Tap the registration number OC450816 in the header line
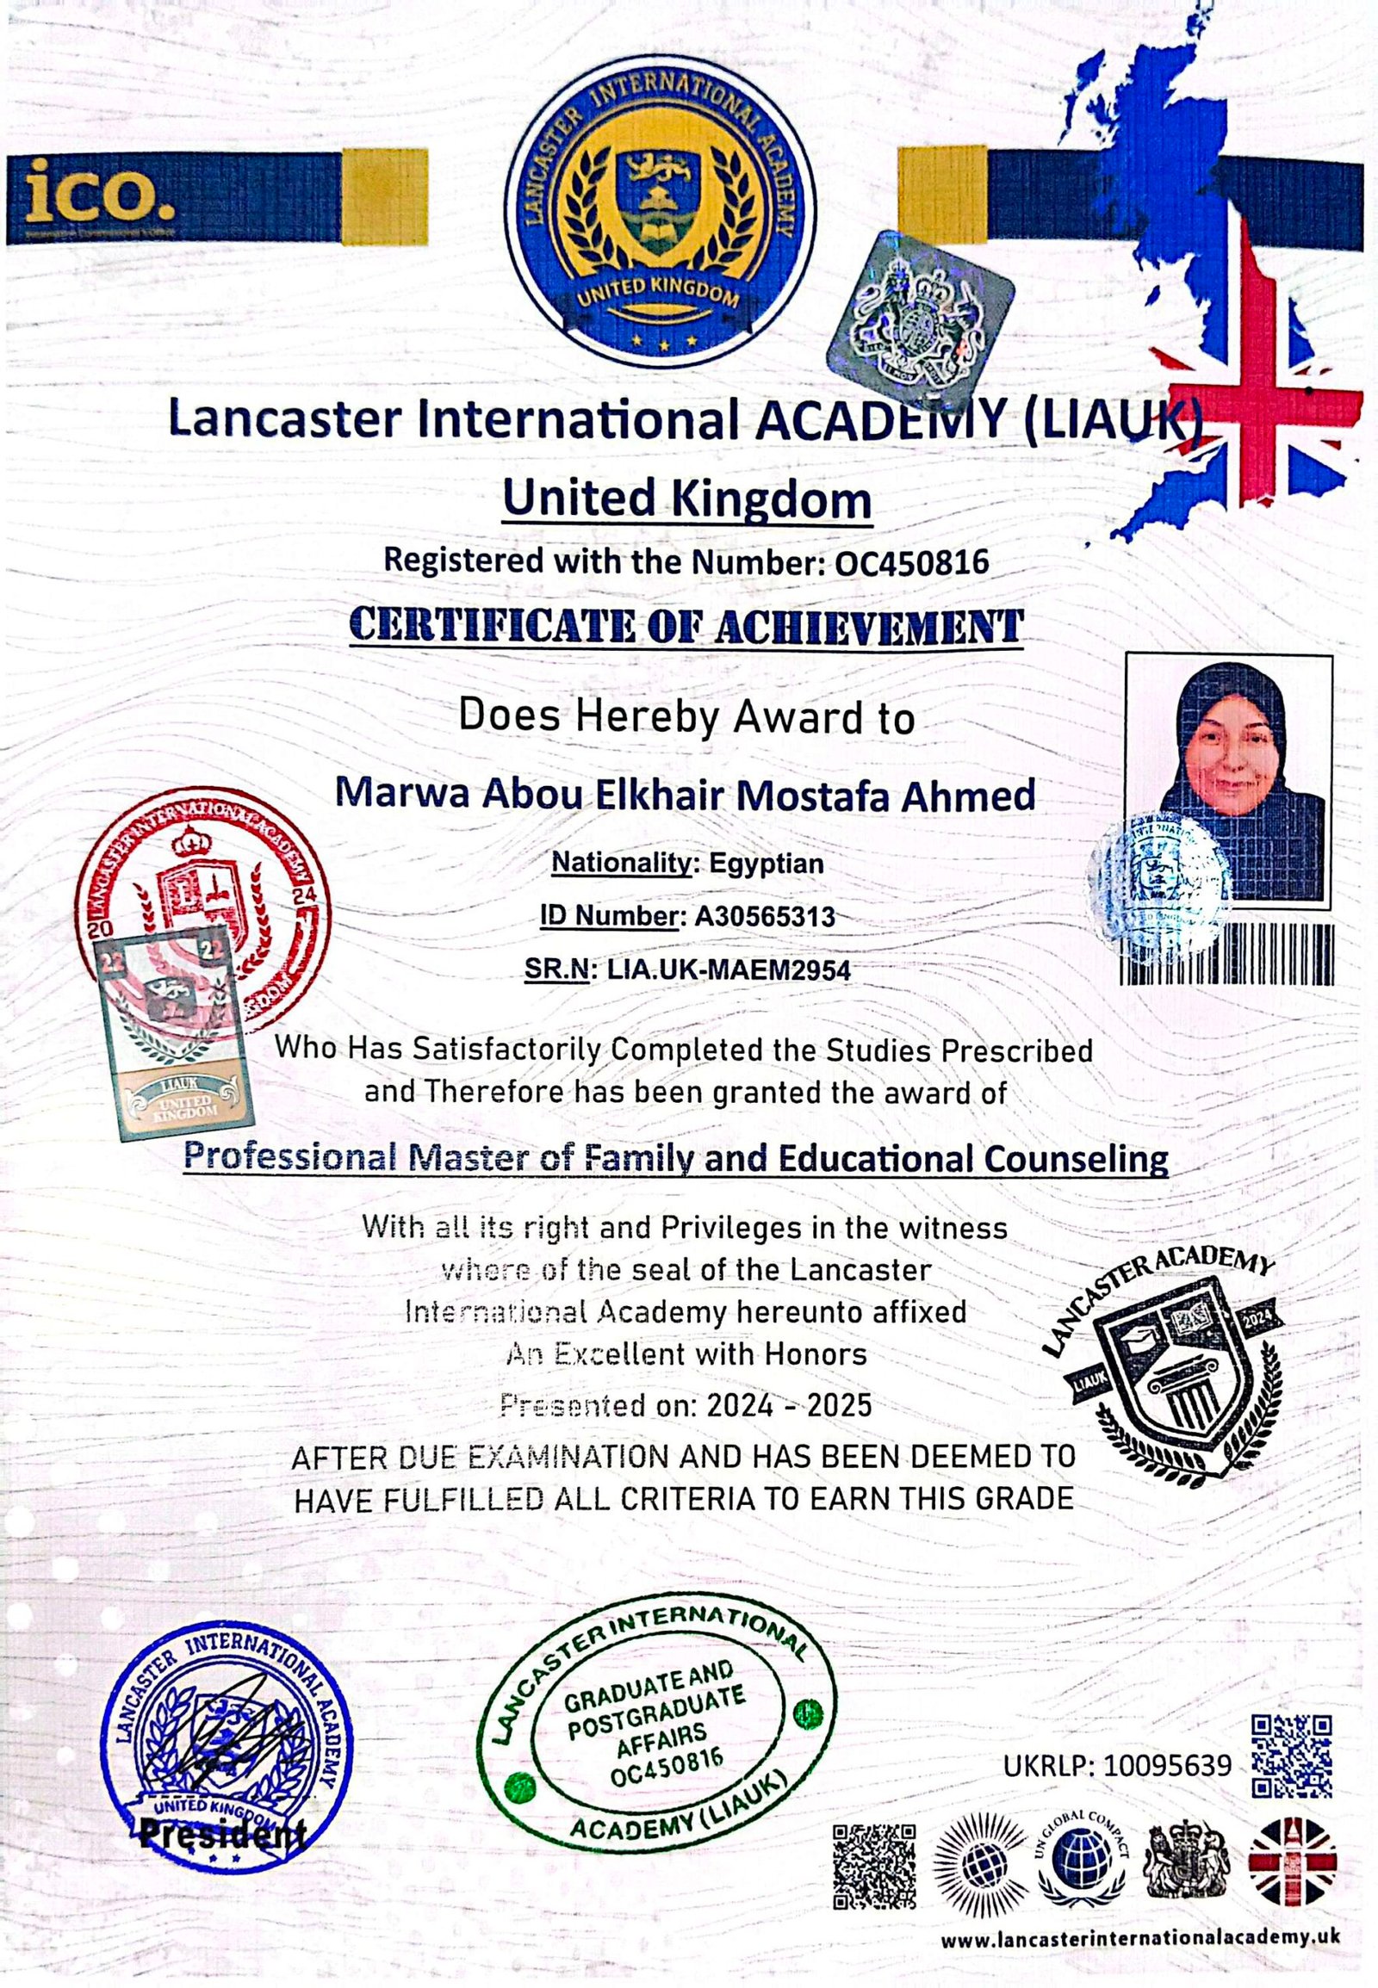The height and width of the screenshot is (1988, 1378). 912,562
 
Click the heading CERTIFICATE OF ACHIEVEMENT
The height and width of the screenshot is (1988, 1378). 686,628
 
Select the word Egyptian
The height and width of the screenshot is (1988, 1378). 766,864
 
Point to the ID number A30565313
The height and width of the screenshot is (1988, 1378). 765,916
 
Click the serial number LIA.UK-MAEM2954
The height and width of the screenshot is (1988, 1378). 729,969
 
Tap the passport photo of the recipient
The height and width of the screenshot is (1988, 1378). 1228,781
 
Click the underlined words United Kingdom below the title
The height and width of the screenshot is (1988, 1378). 687,500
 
